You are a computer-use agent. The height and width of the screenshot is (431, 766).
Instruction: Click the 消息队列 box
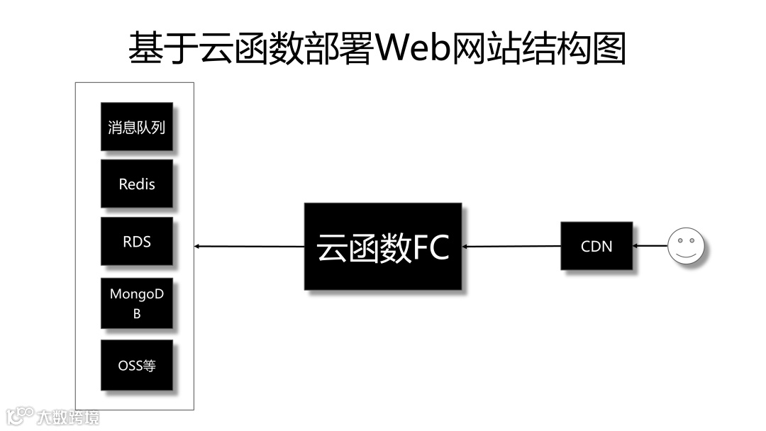[136, 128]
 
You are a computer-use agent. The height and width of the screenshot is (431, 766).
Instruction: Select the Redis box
[136, 184]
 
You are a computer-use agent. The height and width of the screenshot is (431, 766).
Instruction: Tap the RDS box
[136, 242]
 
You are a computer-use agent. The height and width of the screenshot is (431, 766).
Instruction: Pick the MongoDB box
[136, 303]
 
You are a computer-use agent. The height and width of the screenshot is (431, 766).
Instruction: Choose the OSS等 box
[136, 366]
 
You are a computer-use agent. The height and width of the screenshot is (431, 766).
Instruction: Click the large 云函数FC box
[382, 247]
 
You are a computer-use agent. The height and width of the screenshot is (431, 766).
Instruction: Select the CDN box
[596, 247]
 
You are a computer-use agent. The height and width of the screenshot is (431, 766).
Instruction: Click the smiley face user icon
[685, 247]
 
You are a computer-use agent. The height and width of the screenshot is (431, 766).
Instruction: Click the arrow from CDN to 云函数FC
[511, 247]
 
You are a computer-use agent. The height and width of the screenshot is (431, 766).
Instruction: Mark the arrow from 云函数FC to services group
[248, 247]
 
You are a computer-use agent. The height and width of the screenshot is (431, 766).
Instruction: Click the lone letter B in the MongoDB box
[137, 313]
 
